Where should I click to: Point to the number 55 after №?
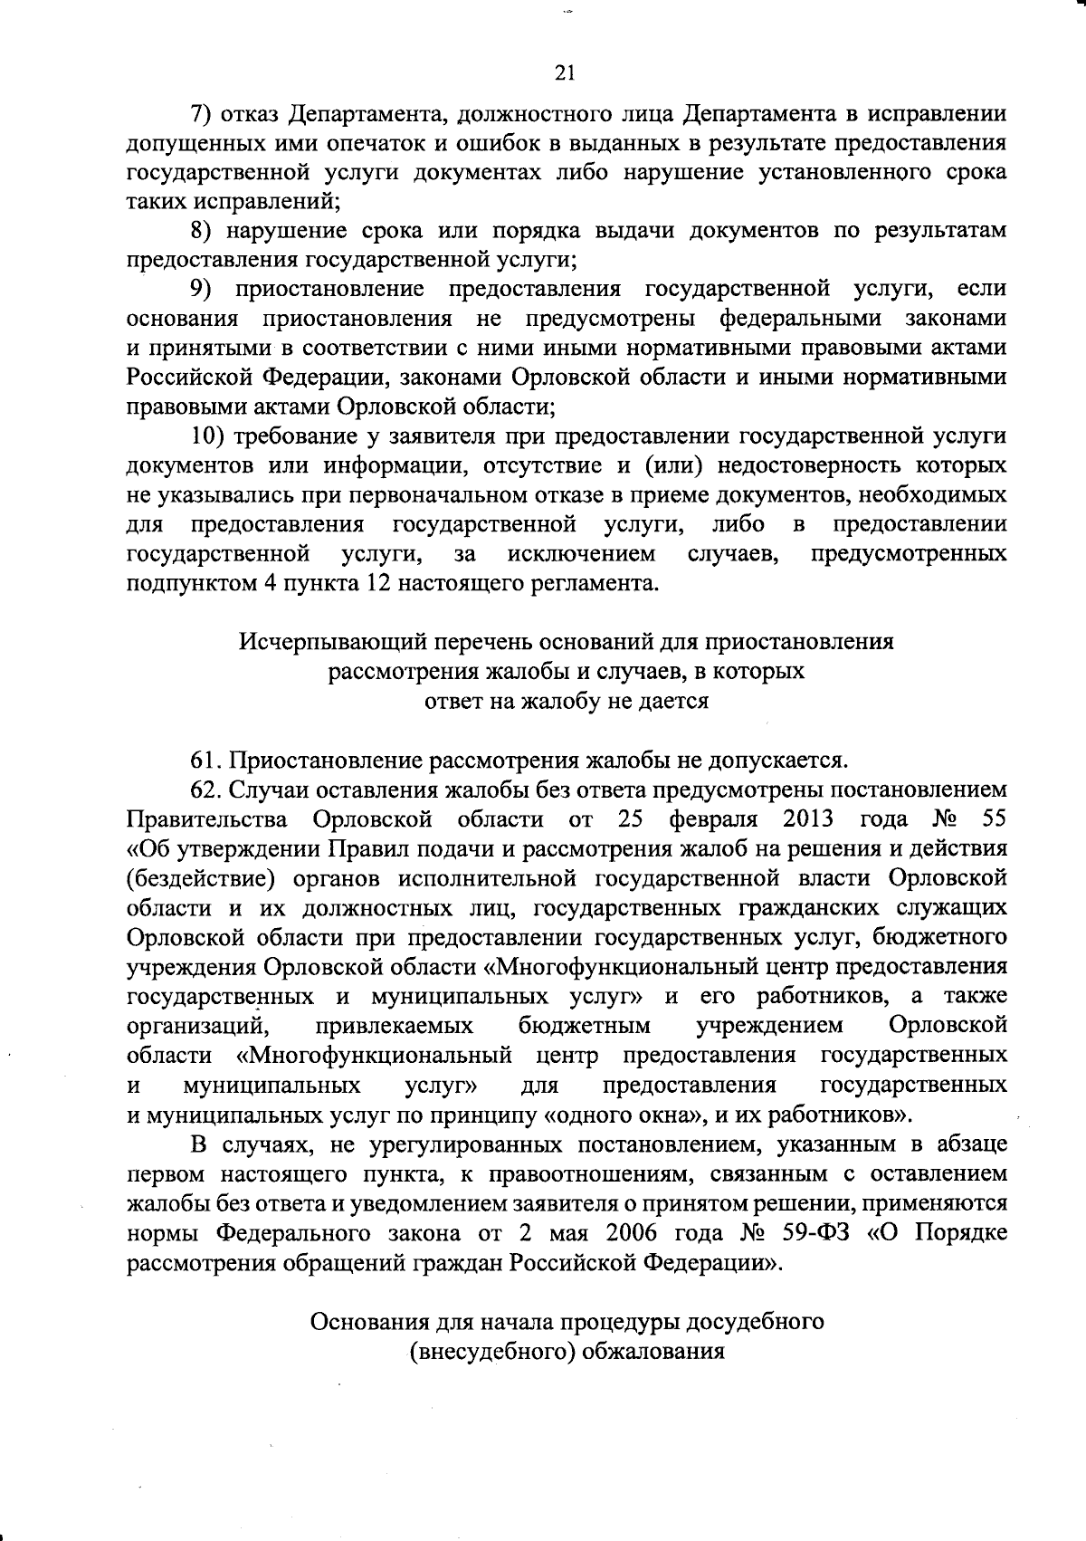[993, 819]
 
